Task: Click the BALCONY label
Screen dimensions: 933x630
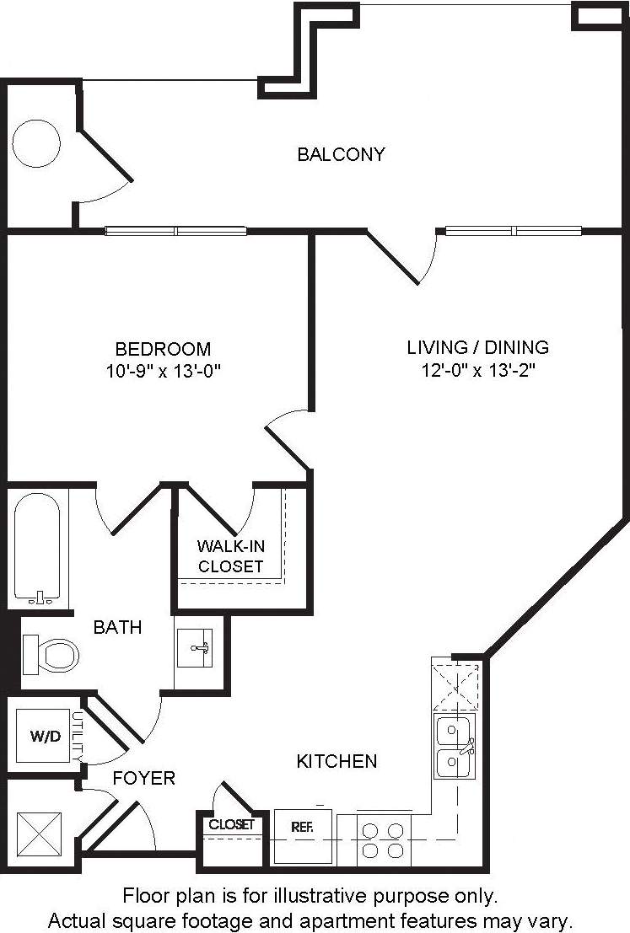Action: pos(341,154)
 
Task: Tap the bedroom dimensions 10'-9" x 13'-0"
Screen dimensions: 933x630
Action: pos(163,369)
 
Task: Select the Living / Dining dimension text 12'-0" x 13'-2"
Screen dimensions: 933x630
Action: pos(477,369)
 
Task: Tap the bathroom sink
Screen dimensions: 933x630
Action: pos(199,647)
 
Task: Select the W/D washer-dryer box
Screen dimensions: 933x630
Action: pos(45,736)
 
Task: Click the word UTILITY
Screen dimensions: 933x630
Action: pos(77,736)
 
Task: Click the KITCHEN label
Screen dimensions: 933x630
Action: pos(337,761)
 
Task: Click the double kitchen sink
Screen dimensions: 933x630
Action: pos(454,747)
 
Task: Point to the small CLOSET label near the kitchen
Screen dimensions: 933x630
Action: pos(232,824)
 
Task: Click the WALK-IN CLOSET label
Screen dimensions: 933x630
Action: pos(230,556)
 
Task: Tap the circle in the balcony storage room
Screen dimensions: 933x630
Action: pos(36,143)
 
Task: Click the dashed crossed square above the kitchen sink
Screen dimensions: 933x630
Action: pos(456,685)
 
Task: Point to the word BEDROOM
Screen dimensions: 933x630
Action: pos(163,348)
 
